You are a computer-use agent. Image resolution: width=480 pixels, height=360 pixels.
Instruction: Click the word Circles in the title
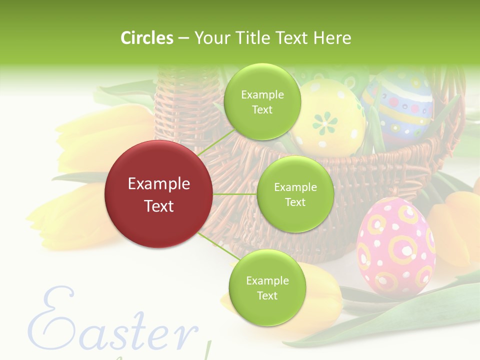click(x=146, y=38)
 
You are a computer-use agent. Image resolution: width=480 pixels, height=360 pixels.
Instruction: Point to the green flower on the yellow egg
click(x=325, y=121)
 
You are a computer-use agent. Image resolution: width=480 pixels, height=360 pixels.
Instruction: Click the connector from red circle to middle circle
click(x=235, y=194)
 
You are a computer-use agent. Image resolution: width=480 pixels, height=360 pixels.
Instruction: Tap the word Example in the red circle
click(x=158, y=184)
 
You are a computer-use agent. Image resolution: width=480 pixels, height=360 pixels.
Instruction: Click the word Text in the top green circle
click(x=262, y=110)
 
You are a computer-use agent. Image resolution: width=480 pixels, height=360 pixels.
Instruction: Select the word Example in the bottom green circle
click(x=267, y=280)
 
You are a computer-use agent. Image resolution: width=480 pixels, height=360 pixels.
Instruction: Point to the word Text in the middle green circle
click(x=295, y=202)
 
